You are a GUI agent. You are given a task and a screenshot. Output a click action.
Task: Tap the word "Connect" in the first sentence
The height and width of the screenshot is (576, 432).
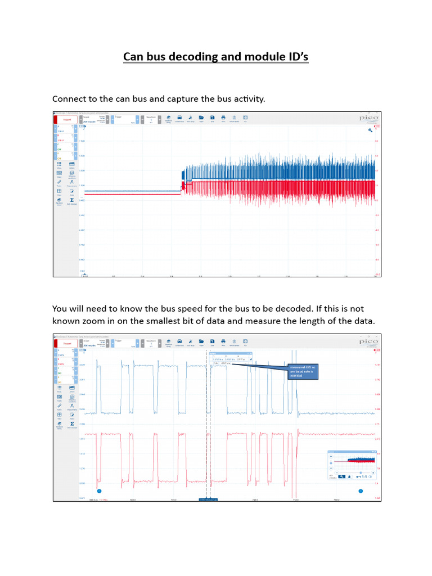point(71,99)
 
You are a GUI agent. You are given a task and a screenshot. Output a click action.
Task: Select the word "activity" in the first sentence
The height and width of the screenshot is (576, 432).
point(246,99)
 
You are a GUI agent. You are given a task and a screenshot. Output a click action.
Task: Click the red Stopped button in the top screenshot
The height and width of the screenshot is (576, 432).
point(67,119)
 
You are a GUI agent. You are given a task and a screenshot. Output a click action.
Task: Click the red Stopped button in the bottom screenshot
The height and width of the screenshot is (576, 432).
point(67,342)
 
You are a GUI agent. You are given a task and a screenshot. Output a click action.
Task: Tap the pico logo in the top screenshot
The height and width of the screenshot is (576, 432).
point(368,118)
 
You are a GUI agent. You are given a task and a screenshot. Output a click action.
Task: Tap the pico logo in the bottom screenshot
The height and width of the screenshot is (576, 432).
point(368,341)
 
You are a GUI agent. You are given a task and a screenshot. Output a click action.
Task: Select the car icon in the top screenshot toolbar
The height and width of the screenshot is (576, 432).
point(179,118)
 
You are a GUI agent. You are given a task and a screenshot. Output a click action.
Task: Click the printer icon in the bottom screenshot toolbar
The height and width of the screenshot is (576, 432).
point(223,341)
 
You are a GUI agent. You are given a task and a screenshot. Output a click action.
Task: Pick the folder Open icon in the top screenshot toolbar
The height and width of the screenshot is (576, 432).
point(201,118)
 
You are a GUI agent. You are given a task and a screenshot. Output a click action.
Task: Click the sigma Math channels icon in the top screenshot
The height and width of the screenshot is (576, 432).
point(72,200)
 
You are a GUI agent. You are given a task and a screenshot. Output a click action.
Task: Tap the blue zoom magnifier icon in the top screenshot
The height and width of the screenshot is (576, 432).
point(371,130)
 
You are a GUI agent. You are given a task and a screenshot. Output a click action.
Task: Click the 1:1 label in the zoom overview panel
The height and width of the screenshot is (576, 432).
point(364,477)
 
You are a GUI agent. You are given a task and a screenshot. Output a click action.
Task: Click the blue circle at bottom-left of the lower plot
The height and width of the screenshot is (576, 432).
point(99,490)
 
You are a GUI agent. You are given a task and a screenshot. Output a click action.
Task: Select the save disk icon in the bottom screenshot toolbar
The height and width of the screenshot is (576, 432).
point(212,341)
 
